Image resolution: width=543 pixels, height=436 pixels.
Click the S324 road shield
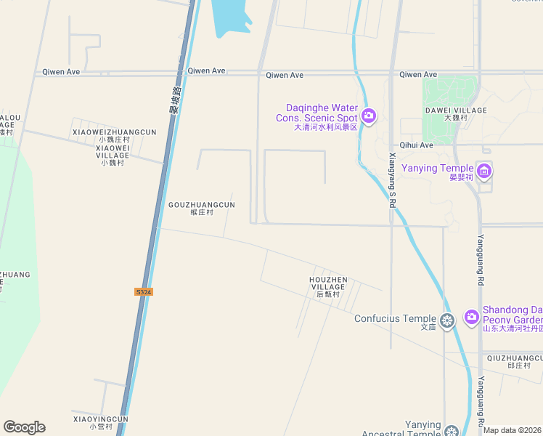coord(144,292)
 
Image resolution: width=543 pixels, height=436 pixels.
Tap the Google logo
coord(24,427)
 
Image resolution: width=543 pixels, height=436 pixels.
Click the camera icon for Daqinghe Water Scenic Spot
coord(368,116)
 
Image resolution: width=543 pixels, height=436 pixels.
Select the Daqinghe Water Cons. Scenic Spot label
coord(317,113)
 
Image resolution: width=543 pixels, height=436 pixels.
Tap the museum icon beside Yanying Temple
coord(484,171)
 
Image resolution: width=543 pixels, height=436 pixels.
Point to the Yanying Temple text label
coord(436,169)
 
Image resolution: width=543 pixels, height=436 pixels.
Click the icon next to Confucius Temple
coord(447,319)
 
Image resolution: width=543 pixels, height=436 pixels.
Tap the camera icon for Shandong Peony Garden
coord(472,316)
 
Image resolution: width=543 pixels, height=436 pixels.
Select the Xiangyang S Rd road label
coord(392,181)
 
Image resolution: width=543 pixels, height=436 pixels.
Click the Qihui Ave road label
coord(417,145)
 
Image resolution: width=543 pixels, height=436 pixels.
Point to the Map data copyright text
coord(513,430)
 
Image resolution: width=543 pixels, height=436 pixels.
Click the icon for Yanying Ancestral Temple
coord(452,431)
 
